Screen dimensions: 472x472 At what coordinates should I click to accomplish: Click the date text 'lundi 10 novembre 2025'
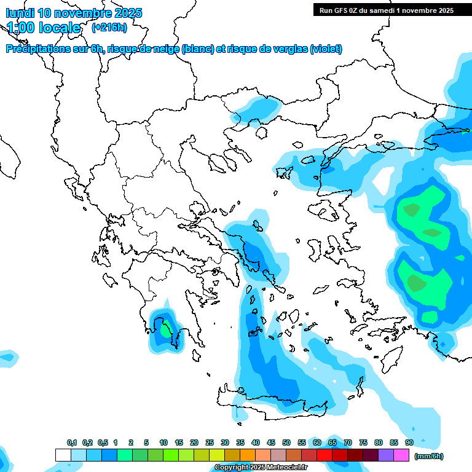(74, 12)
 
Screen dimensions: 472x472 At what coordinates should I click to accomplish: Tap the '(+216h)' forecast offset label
(109, 27)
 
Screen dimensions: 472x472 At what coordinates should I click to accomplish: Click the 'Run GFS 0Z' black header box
(386, 10)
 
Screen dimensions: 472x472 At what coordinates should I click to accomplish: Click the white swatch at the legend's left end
(63, 455)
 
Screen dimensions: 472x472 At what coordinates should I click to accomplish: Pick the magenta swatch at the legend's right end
(401, 455)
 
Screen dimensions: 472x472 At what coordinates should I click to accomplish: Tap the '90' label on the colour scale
(409, 442)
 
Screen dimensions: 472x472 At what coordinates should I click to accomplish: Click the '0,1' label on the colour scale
(71, 442)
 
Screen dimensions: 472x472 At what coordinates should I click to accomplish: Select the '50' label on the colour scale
(286, 442)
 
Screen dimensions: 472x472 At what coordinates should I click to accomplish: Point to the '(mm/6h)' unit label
(428, 456)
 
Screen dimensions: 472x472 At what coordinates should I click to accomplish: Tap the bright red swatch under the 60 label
(324, 455)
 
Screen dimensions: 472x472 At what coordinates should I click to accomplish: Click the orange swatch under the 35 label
(248, 455)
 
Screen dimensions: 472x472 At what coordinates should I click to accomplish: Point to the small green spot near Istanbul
(465, 130)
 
